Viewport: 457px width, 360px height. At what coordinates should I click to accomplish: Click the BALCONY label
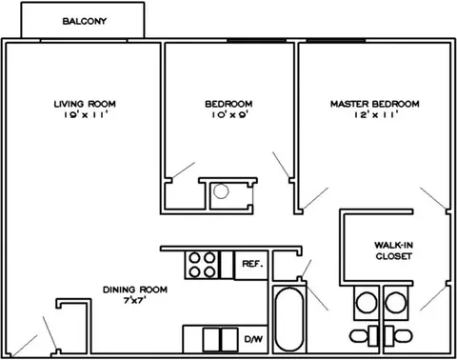click(85, 21)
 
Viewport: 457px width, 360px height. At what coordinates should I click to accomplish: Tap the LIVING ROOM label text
click(85, 104)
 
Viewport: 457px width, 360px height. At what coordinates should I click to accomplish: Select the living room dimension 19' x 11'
click(85, 114)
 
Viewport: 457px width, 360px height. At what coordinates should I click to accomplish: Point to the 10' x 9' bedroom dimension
click(229, 114)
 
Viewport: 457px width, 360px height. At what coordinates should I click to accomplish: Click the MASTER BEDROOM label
click(375, 104)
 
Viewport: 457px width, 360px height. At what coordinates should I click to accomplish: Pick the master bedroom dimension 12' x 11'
click(376, 114)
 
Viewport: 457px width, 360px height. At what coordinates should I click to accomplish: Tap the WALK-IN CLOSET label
click(393, 250)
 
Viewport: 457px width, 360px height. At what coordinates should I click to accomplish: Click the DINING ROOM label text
click(135, 290)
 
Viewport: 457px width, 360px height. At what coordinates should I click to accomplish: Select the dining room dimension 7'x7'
click(134, 300)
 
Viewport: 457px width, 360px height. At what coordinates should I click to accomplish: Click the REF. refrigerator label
click(252, 264)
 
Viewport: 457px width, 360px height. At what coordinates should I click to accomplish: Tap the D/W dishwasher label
click(253, 339)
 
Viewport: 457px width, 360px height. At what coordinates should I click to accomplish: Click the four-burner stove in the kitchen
click(202, 265)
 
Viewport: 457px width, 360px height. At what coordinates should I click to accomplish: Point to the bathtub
click(288, 319)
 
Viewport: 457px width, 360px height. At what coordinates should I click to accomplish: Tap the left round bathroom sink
click(367, 303)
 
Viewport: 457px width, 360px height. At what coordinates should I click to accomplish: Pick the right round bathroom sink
click(396, 303)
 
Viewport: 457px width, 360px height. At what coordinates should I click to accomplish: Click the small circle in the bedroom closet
click(221, 191)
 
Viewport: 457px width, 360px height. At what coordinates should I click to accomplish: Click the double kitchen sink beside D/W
click(220, 340)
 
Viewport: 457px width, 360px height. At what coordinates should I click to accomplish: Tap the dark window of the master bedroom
click(336, 40)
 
